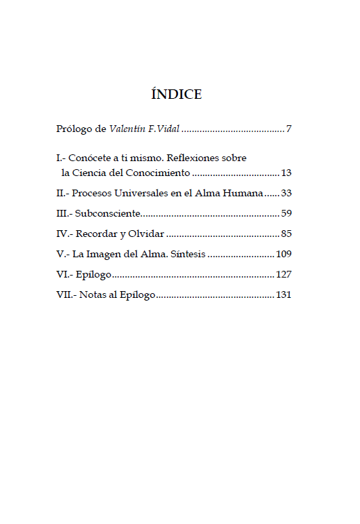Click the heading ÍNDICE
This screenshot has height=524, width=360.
tap(177, 94)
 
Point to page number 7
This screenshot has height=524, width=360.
tap(289, 129)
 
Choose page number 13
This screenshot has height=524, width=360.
tap(286, 173)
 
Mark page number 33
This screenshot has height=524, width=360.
tap(286, 193)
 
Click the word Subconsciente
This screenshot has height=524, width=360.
tap(108, 214)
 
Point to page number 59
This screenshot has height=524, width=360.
tap(286, 214)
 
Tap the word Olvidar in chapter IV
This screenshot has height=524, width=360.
tap(147, 234)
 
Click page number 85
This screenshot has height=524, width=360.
tap(286, 234)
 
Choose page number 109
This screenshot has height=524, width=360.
tap(284, 255)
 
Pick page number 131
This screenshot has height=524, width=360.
tap(284, 295)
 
